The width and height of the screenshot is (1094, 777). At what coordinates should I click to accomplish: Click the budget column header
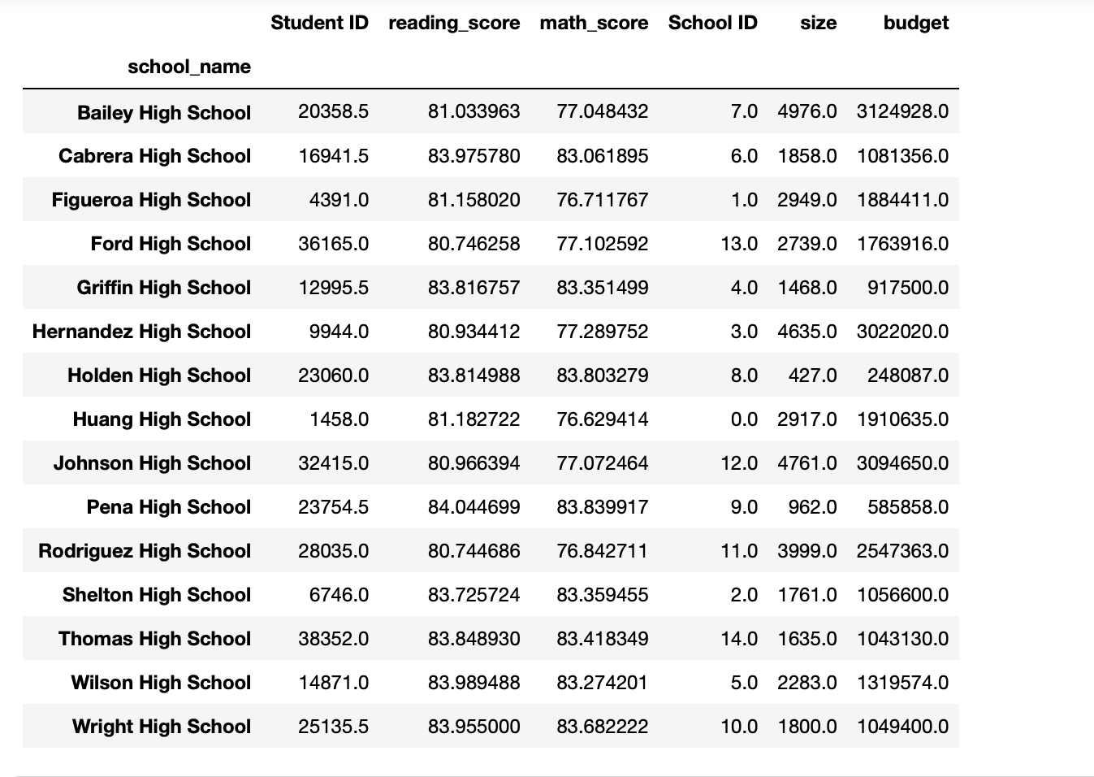(x=915, y=24)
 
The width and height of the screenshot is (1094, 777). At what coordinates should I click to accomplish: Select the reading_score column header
(x=454, y=24)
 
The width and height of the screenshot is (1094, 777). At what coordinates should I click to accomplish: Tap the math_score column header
(x=594, y=24)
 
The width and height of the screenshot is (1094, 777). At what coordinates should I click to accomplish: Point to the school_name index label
(x=189, y=67)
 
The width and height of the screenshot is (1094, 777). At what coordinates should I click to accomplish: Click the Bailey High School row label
(x=164, y=113)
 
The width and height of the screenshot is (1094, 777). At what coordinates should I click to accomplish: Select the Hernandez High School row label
(x=142, y=332)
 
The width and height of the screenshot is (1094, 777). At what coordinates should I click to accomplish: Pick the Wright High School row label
(x=162, y=727)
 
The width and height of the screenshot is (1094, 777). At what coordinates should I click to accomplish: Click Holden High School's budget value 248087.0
(x=907, y=375)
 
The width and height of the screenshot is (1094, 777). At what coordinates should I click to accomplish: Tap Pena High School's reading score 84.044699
(x=473, y=507)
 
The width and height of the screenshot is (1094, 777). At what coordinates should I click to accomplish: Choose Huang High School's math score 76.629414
(x=602, y=419)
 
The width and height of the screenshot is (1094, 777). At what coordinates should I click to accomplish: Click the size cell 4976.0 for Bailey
(x=806, y=112)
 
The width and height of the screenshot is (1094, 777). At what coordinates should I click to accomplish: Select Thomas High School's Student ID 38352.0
(x=333, y=639)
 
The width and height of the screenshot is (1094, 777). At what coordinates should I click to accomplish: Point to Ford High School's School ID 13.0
(x=738, y=244)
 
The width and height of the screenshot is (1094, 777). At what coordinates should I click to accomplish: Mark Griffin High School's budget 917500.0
(x=907, y=288)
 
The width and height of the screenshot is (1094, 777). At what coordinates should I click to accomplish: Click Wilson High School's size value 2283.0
(x=806, y=683)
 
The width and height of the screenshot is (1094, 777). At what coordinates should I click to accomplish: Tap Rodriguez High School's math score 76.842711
(x=602, y=551)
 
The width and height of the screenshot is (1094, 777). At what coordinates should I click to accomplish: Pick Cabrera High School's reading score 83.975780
(x=473, y=156)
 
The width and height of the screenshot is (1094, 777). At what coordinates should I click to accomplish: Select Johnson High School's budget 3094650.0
(x=902, y=463)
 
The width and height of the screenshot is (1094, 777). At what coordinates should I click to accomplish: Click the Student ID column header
(x=319, y=24)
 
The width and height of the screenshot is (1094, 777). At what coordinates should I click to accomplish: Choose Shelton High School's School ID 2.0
(x=744, y=595)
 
